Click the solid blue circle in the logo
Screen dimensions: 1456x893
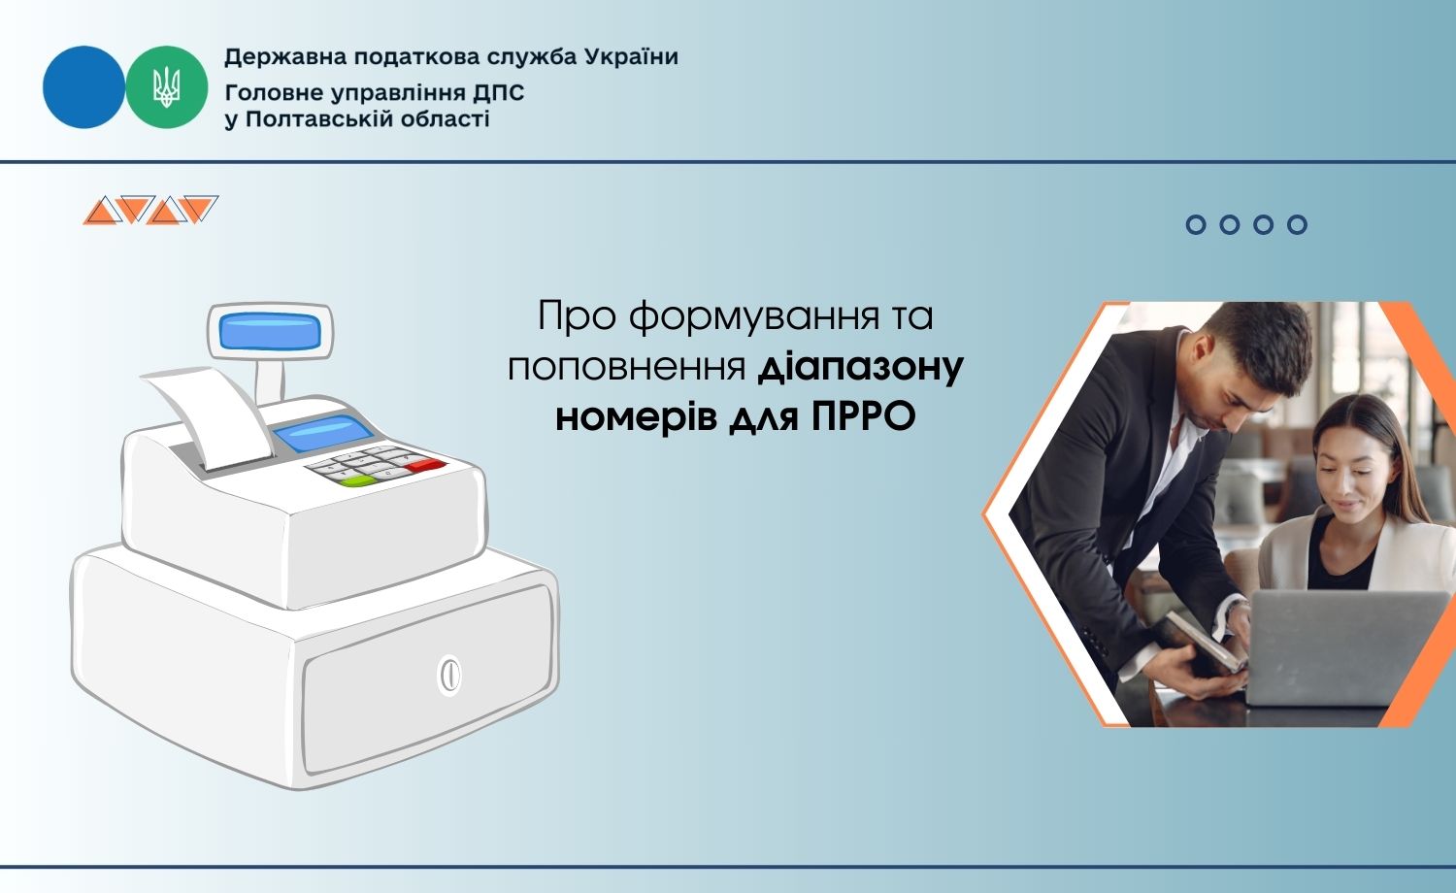83,87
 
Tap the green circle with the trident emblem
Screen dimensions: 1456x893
166,87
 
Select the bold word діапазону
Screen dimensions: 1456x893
861,367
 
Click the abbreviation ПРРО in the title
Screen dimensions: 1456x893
863,416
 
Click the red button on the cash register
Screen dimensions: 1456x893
426,465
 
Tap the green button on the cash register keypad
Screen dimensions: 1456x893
356,480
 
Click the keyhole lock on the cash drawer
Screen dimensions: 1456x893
449,675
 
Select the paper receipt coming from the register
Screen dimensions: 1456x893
212,416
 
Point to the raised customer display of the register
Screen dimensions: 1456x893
270,331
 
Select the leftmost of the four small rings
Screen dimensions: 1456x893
1195,224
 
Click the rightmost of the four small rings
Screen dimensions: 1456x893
1297,224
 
